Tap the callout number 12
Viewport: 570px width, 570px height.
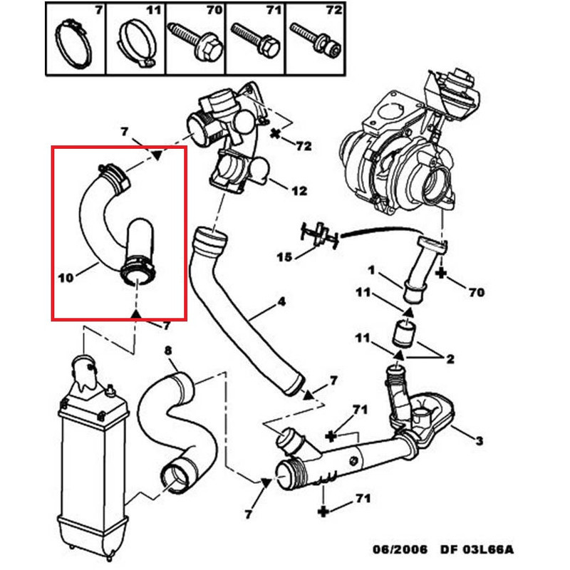tap(300, 190)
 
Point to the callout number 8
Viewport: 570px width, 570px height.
tap(168, 350)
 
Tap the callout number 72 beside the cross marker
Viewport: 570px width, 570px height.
tap(304, 146)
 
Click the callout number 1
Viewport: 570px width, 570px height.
tap(371, 270)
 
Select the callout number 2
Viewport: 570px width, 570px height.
tap(450, 359)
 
